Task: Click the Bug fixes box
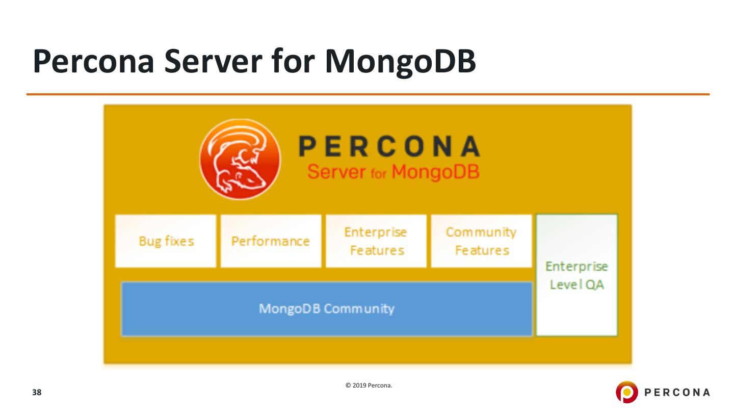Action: coord(166,241)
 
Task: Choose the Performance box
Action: coord(271,241)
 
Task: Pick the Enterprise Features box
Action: coord(376,241)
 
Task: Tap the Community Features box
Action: coord(481,241)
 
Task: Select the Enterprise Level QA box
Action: coord(576,275)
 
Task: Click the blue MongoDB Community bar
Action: coord(327,309)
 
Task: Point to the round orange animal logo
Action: coord(240,159)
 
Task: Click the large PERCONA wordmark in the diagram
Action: coord(389,147)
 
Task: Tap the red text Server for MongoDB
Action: coord(393,172)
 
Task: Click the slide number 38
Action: coord(37,393)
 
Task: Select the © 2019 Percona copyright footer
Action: coord(369,385)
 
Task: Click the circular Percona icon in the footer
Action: coord(626,392)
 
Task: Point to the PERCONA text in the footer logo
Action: coord(677,392)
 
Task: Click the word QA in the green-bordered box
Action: coord(594,285)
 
